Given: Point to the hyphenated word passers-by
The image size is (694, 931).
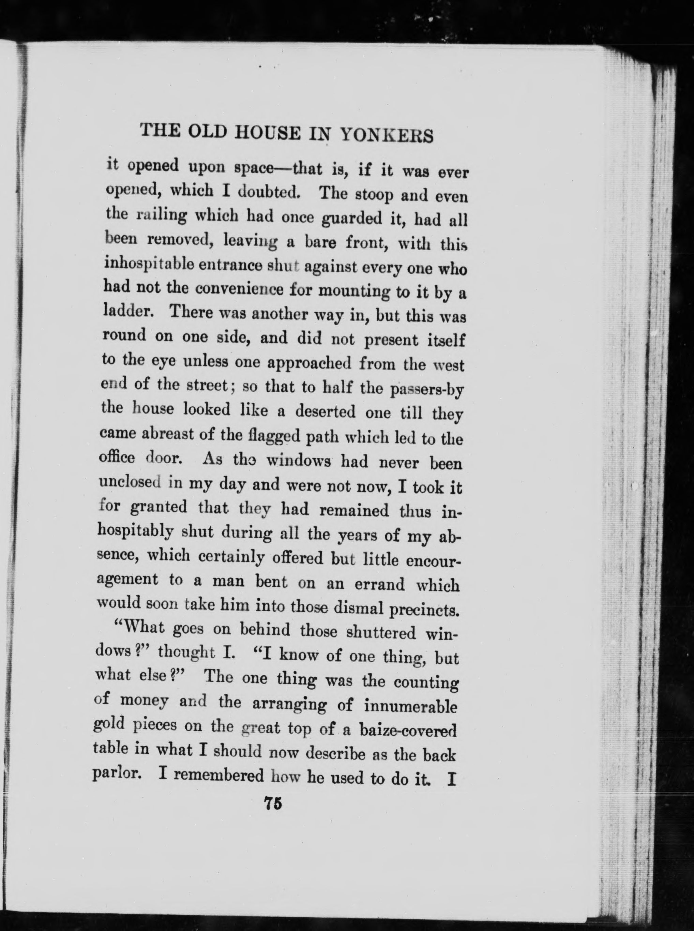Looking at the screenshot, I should [427, 390].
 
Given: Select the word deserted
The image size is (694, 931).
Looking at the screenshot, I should [325, 412].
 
